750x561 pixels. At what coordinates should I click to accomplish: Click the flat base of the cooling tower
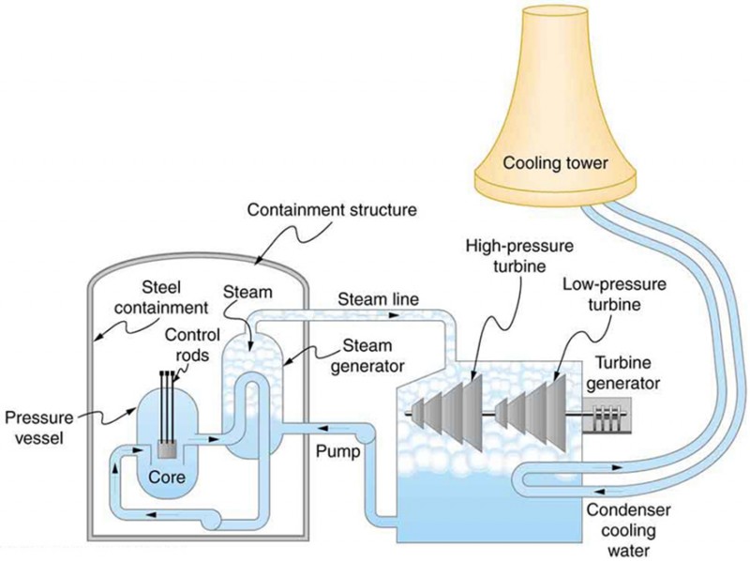click(555, 195)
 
